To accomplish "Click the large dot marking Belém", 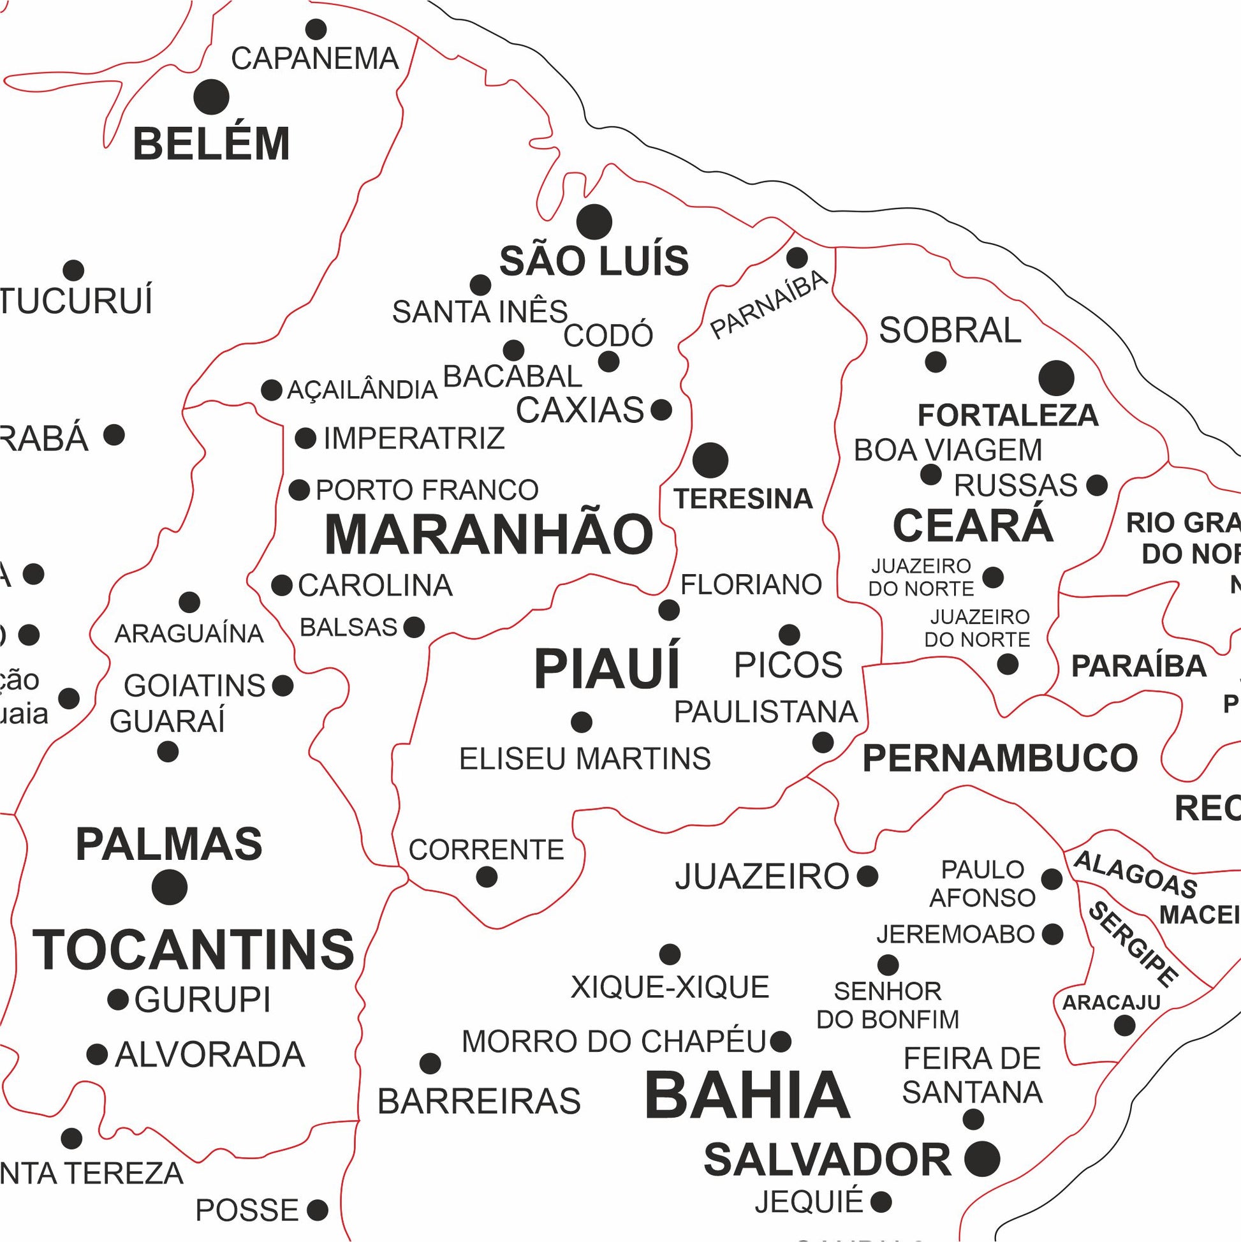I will tap(211, 97).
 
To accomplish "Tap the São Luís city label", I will tap(594, 261).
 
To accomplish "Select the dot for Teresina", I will tap(710, 460).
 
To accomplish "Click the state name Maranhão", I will tap(488, 535).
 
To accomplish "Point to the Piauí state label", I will tap(606, 669).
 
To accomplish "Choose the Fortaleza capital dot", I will tap(1056, 378).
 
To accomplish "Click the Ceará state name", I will tap(973, 526).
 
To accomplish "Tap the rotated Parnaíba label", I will tap(768, 304).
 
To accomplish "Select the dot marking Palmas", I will tap(170, 887).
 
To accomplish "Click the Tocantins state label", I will tap(193, 949).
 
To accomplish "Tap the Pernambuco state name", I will tap(999, 758).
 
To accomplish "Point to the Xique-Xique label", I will tap(670, 987).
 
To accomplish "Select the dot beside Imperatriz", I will tap(305, 438).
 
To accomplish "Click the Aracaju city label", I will tap(1110, 1002).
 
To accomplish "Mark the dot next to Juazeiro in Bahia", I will tap(867, 875).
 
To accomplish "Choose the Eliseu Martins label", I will tap(585, 758).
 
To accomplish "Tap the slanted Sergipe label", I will tap(1133, 943).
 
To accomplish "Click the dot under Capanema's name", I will tap(316, 29).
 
